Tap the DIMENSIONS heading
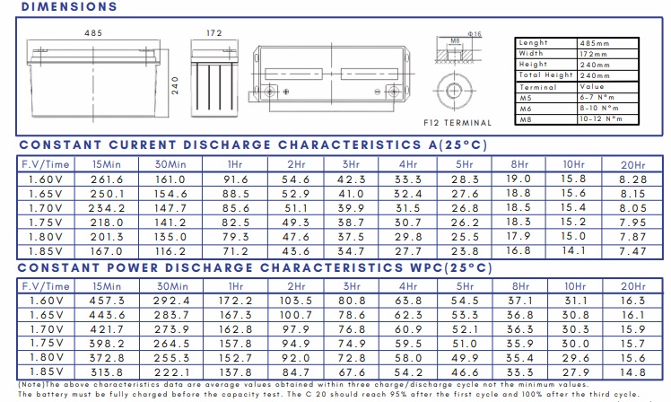pyautogui.click(x=69, y=7)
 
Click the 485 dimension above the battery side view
pyautogui.click(x=93, y=33)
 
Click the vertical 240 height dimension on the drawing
pyautogui.click(x=175, y=85)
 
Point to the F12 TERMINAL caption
pyautogui.click(x=457, y=123)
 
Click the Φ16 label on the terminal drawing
pyautogui.click(x=475, y=34)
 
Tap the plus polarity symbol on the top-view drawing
pyautogui.click(x=286, y=92)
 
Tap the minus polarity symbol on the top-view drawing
pyautogui.click(x=378, y=92)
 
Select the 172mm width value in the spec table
pyautogui.click(x=594, y=54)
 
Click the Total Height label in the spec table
pyautogui.click(x=545, y=74)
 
